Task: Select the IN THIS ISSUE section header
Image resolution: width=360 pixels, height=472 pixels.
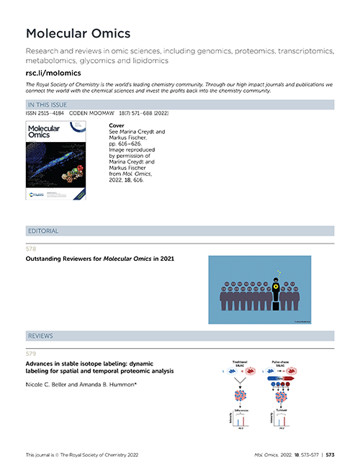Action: pyautogui.click(x=48, y=105)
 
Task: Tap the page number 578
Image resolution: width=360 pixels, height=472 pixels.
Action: pyautogui.click(x=30, y=248)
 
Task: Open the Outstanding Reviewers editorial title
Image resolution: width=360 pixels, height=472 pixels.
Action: pyautogui.click(x=100, y=258)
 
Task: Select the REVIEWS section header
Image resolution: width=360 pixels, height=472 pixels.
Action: pyautogui.click(x=41, y=336)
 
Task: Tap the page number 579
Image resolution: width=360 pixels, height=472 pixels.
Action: pyautogui.click(x=30, y=353)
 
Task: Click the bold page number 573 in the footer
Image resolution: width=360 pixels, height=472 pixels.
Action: pyautogui.click(x=330, y=455)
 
